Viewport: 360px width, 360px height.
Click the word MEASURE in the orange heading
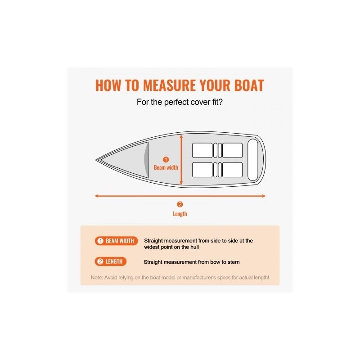[170, 85]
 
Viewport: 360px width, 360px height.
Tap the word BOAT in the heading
[249, 85]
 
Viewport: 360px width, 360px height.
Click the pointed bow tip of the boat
[96, 160]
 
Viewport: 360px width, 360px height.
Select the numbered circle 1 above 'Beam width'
[166, 160]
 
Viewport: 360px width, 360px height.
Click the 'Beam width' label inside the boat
[166, 167]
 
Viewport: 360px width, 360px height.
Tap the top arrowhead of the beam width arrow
[181, 136]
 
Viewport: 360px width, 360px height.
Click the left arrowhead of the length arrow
[96, 196]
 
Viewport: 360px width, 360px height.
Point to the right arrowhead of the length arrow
[264, 196]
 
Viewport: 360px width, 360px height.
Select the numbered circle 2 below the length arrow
[180, 204]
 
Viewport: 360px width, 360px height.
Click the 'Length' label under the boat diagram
[180, 214]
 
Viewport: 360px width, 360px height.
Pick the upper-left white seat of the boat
[202, 150]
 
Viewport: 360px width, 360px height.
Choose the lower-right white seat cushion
[232, 170]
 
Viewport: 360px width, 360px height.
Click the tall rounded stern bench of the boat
[253, 160]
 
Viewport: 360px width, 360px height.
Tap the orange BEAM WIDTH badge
[116, 241]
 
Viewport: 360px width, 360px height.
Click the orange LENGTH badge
[110, 261]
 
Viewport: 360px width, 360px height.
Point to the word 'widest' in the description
[152, 247]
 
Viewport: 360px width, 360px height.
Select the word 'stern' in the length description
[234, 262]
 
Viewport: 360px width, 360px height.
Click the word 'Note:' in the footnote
[97, 278]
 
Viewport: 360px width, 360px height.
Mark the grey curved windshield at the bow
[146, 160]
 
